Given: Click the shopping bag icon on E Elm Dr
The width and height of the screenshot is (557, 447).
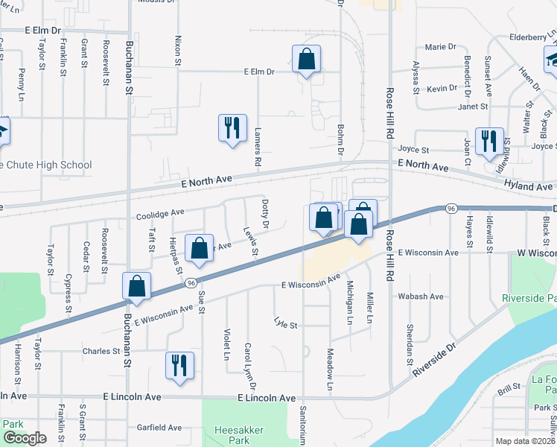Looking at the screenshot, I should click(306, 60).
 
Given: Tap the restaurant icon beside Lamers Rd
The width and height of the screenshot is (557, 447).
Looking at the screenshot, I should click(232, 128).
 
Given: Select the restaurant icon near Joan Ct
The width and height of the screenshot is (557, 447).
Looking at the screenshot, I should click(488, 142).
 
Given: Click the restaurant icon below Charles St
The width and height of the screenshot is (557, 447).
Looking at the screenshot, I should click(179, 366).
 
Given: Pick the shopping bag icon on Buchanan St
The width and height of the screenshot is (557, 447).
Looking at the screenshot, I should click(137, 287).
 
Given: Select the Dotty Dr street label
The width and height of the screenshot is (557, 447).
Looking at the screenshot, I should click(265, 213).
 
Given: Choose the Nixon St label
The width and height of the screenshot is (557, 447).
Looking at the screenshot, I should click(178, 51).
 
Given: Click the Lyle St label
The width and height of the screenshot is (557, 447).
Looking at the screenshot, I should click(285, 324).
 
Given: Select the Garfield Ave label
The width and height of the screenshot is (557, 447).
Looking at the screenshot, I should click(159, 428).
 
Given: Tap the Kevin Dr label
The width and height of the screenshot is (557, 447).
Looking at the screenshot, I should click(442, 89).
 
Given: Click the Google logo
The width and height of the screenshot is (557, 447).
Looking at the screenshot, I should click(25, 438).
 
